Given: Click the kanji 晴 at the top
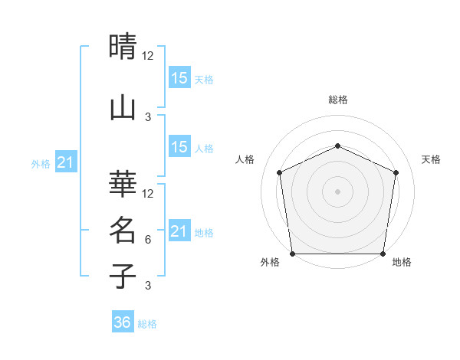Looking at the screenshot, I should point(123,47).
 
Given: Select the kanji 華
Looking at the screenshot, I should point(123,183).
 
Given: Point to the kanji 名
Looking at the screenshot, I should point(123,229).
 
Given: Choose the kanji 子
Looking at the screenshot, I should point(123,276).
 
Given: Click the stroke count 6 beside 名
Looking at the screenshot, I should point(148,240).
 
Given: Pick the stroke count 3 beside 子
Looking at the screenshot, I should point(148,286).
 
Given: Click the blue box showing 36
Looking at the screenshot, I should point(123,322).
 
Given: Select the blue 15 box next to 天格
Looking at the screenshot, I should point(179,78).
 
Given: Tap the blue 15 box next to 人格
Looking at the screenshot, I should point(179,148).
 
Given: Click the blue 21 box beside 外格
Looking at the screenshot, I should point(66,163).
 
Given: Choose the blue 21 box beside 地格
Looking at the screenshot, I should point(179,232).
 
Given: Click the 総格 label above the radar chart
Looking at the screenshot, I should point(338,100).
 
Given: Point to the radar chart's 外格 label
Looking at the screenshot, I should point(270,263).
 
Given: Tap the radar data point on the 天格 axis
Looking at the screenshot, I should point(396,172).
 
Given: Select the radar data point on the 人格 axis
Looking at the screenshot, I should point(280,172).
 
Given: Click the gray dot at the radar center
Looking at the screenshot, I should point(338,191).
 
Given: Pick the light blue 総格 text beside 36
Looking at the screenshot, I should point(147,324).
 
